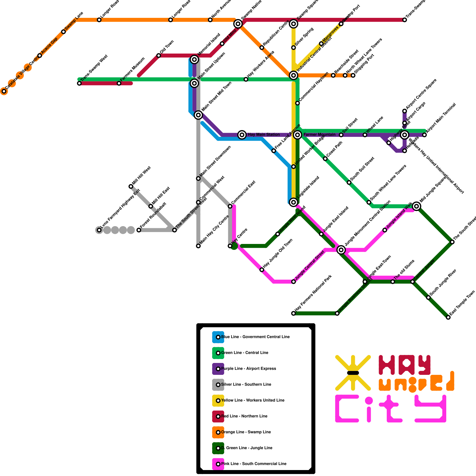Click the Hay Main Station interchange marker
[242, 135]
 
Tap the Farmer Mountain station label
[319, 135]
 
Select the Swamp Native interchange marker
[238, 24]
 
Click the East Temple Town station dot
[448, 317]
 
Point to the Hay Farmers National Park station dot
[294, 313]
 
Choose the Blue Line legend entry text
[255, 337]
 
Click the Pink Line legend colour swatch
[218, 464]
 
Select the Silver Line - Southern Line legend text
[246, 385]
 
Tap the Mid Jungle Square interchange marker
[416, 206]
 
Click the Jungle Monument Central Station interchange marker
[341, 250]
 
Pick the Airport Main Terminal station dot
[425, 135]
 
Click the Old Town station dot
[159, 56]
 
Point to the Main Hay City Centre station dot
[198, 246]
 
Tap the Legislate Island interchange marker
[294, 202]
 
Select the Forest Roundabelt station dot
[139, 230]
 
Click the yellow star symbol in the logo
[353, 373]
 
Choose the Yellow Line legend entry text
[253, 400]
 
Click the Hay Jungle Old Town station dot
[262, 270]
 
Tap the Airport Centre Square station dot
[405, 111]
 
